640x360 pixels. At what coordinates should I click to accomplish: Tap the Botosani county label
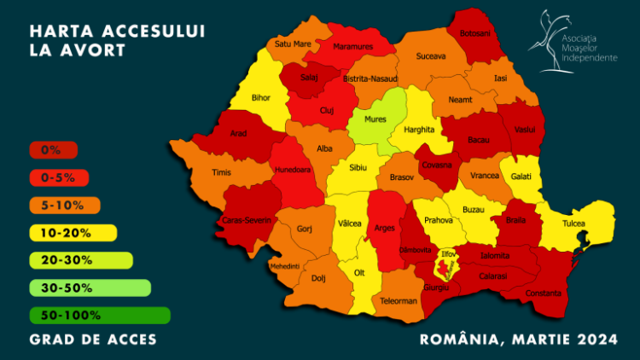[474, 33]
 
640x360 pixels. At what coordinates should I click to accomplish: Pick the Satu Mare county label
[292, 44]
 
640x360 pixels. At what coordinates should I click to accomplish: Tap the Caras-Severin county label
[247, 219]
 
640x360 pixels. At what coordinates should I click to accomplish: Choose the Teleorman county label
[398, 300]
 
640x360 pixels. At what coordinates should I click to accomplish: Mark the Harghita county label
[420, 129]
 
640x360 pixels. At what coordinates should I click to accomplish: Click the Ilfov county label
[448, 253]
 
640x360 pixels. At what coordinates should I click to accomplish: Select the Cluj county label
[327, 110]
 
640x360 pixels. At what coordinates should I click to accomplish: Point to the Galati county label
[522, 176]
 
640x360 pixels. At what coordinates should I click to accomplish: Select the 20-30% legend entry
[81, 260]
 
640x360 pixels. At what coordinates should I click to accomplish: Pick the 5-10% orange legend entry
[65, 205]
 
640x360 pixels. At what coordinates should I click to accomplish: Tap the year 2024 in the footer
[596, 340]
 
